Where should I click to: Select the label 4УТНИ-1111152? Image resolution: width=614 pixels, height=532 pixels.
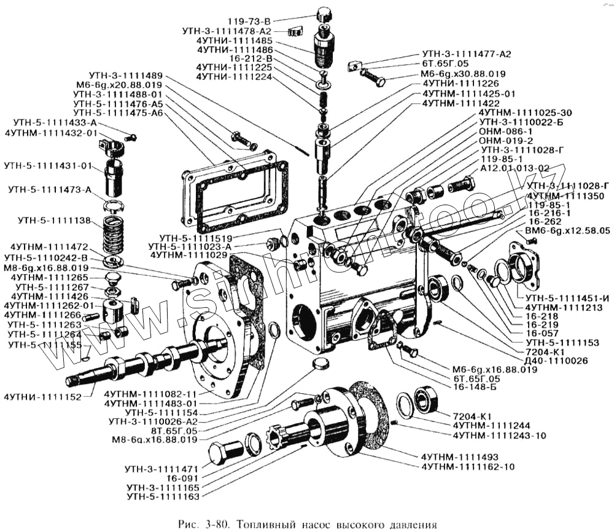[x=42, y=397]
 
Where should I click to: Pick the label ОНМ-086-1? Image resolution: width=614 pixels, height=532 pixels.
[x=505, y=131]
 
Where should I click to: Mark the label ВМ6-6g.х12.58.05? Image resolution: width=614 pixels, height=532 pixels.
[x=567, y=231]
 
